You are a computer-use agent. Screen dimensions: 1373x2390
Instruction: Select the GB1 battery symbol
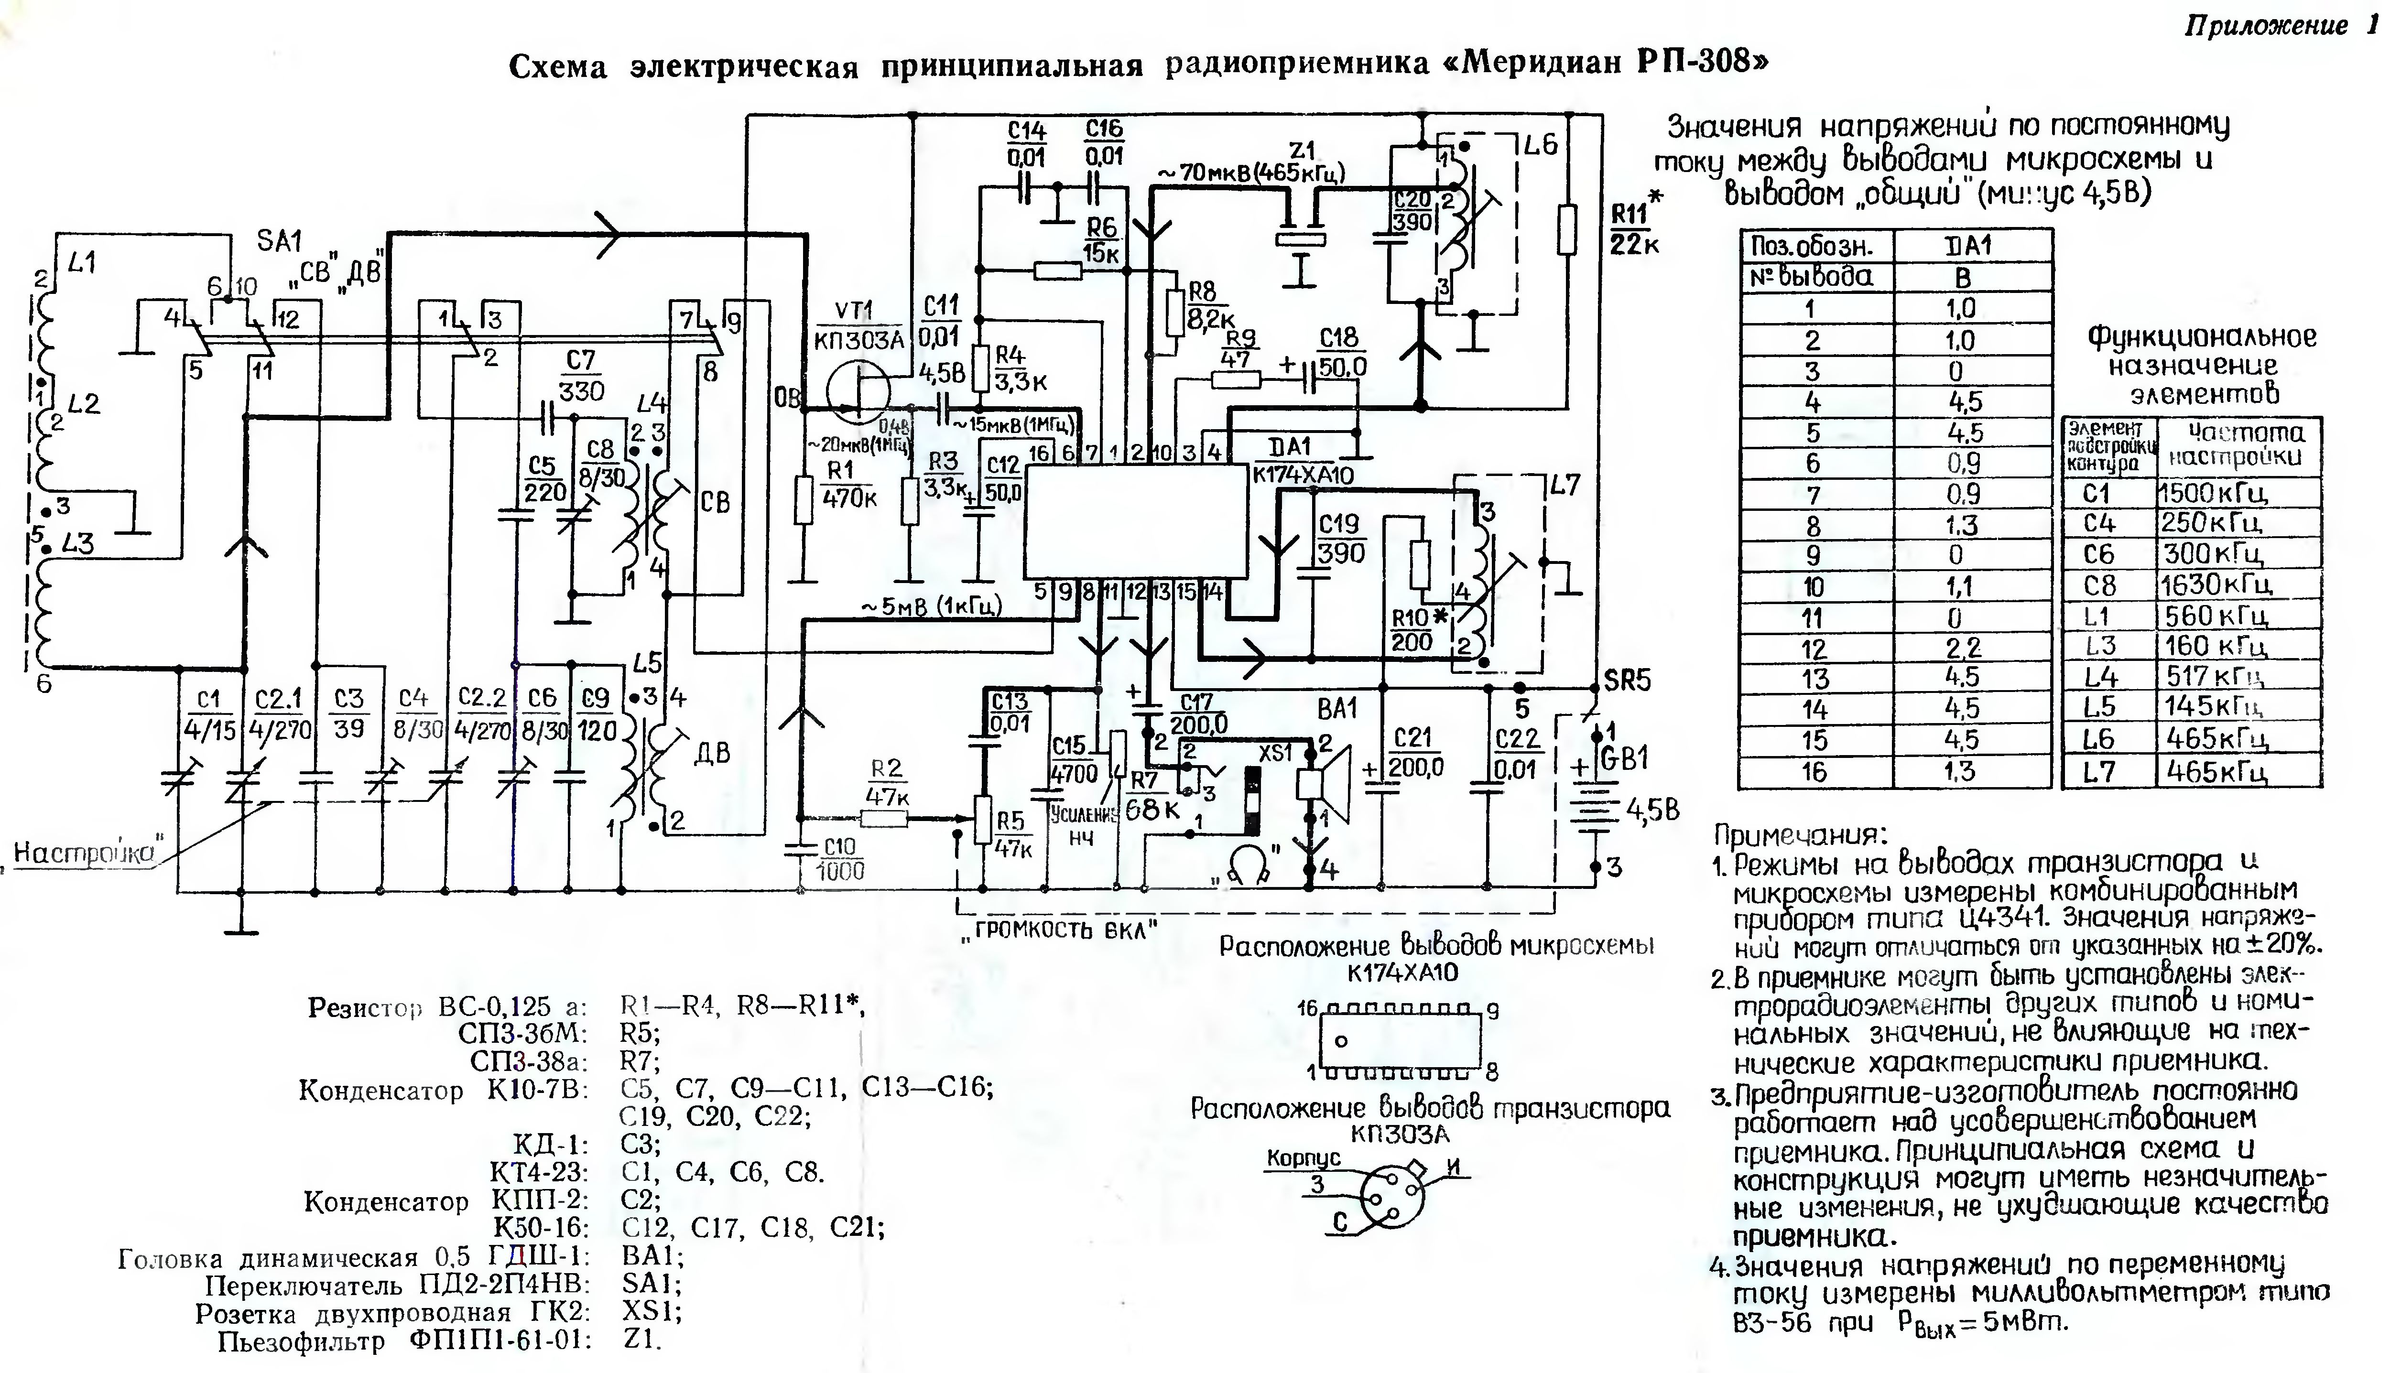tap(1594, 801)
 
